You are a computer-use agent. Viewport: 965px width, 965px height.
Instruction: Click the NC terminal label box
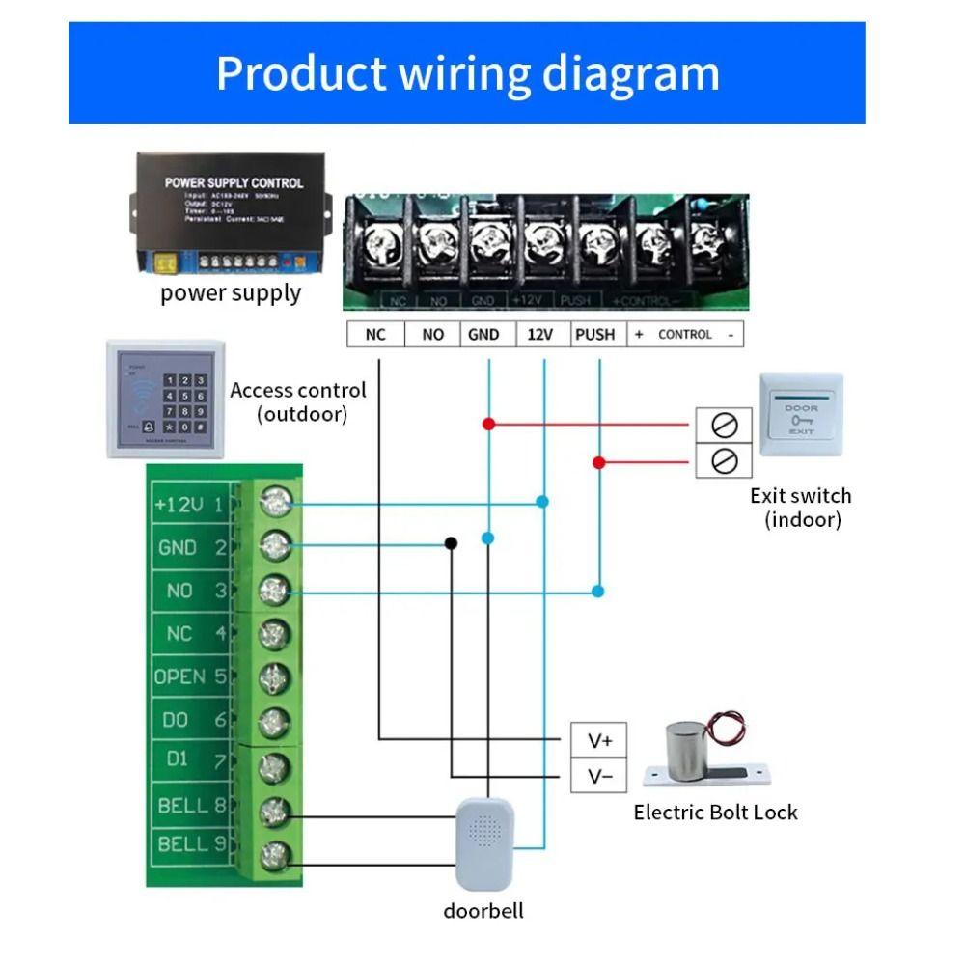pyautogui.click(x=375, y=334)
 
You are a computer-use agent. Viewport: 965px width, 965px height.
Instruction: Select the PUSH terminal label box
pyautogui.click(x=594, y=334)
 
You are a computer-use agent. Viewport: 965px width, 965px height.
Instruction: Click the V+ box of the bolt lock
pyautogui.click(x=599, y=740)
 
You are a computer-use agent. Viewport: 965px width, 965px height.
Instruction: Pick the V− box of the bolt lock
pyautogui.click(x=599, y=777)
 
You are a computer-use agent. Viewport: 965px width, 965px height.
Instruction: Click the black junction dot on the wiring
pyautogui.click(x=451, y=543)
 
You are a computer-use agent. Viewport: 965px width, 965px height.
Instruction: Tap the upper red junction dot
pyautogui.click(x=488, y=424)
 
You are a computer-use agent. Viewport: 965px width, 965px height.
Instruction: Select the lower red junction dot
pyautogui.click(x=599, y=463)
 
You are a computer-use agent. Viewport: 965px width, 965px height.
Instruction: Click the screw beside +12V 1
pyautogui.click(x=275, y=503)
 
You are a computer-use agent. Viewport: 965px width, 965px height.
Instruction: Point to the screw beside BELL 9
pyautogui.click(x=275, y=854)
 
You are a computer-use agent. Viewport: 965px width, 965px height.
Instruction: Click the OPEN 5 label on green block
pyautogui.click(x=191, y=677)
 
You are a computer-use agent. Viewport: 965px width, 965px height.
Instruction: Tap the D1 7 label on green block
pyautogui.click(x=191, y=760)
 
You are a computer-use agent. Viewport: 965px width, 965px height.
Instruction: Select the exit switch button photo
pyautogui.click(x=801, y=415)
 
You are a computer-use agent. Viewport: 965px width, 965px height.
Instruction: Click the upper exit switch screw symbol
pyautogui.click(x=724, y=424)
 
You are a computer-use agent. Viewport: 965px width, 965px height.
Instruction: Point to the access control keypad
pyautogui.click(x=165, y=399)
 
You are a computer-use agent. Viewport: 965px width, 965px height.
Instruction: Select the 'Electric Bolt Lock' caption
pyautogui.click(x=715, y=813)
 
